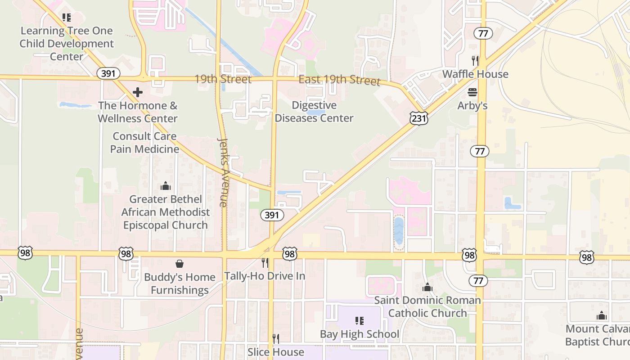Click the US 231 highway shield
click(x=418, y=118)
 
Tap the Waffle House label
click(x=475, y=74)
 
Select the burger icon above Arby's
click(x=472, y=92)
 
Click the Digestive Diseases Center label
click(x=314, y=112)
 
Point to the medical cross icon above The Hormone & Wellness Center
click(x=138, y=92)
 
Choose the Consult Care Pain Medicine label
click(x=145, y=142)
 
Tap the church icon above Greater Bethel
click(x=166, y=186)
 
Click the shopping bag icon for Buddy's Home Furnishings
click(x=180, y=263)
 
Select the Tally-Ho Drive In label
click(x=265, y=276)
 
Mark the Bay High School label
click(x=360, y=334)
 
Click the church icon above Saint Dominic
click(x=427, y=287)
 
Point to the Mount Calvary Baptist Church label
click(x=598, y=335)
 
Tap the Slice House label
click(x=276, y=351)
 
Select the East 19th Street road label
click(x=339, y=80)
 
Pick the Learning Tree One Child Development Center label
click(x=67, y=44)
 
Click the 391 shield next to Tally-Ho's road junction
click(x=272, y=215)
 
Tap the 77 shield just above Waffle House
click(x=483, y=33)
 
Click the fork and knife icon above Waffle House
click(x=475, y=60)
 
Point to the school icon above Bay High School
click(x=360, y=321)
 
